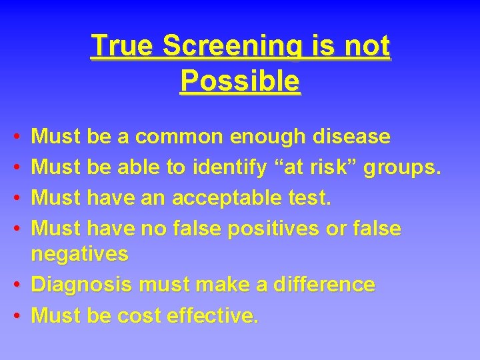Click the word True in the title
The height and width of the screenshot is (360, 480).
tap(123, 46)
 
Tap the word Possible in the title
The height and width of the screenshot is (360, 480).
tap(240, 81)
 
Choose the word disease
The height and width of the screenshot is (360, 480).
tap(350, 137)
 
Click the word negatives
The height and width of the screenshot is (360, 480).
tap(80, 254)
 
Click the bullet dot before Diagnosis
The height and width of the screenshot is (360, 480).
tap(15, 285)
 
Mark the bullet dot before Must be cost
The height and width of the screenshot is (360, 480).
tap(15, 315)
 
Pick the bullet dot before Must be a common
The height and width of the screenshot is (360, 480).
tap(15, 137)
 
